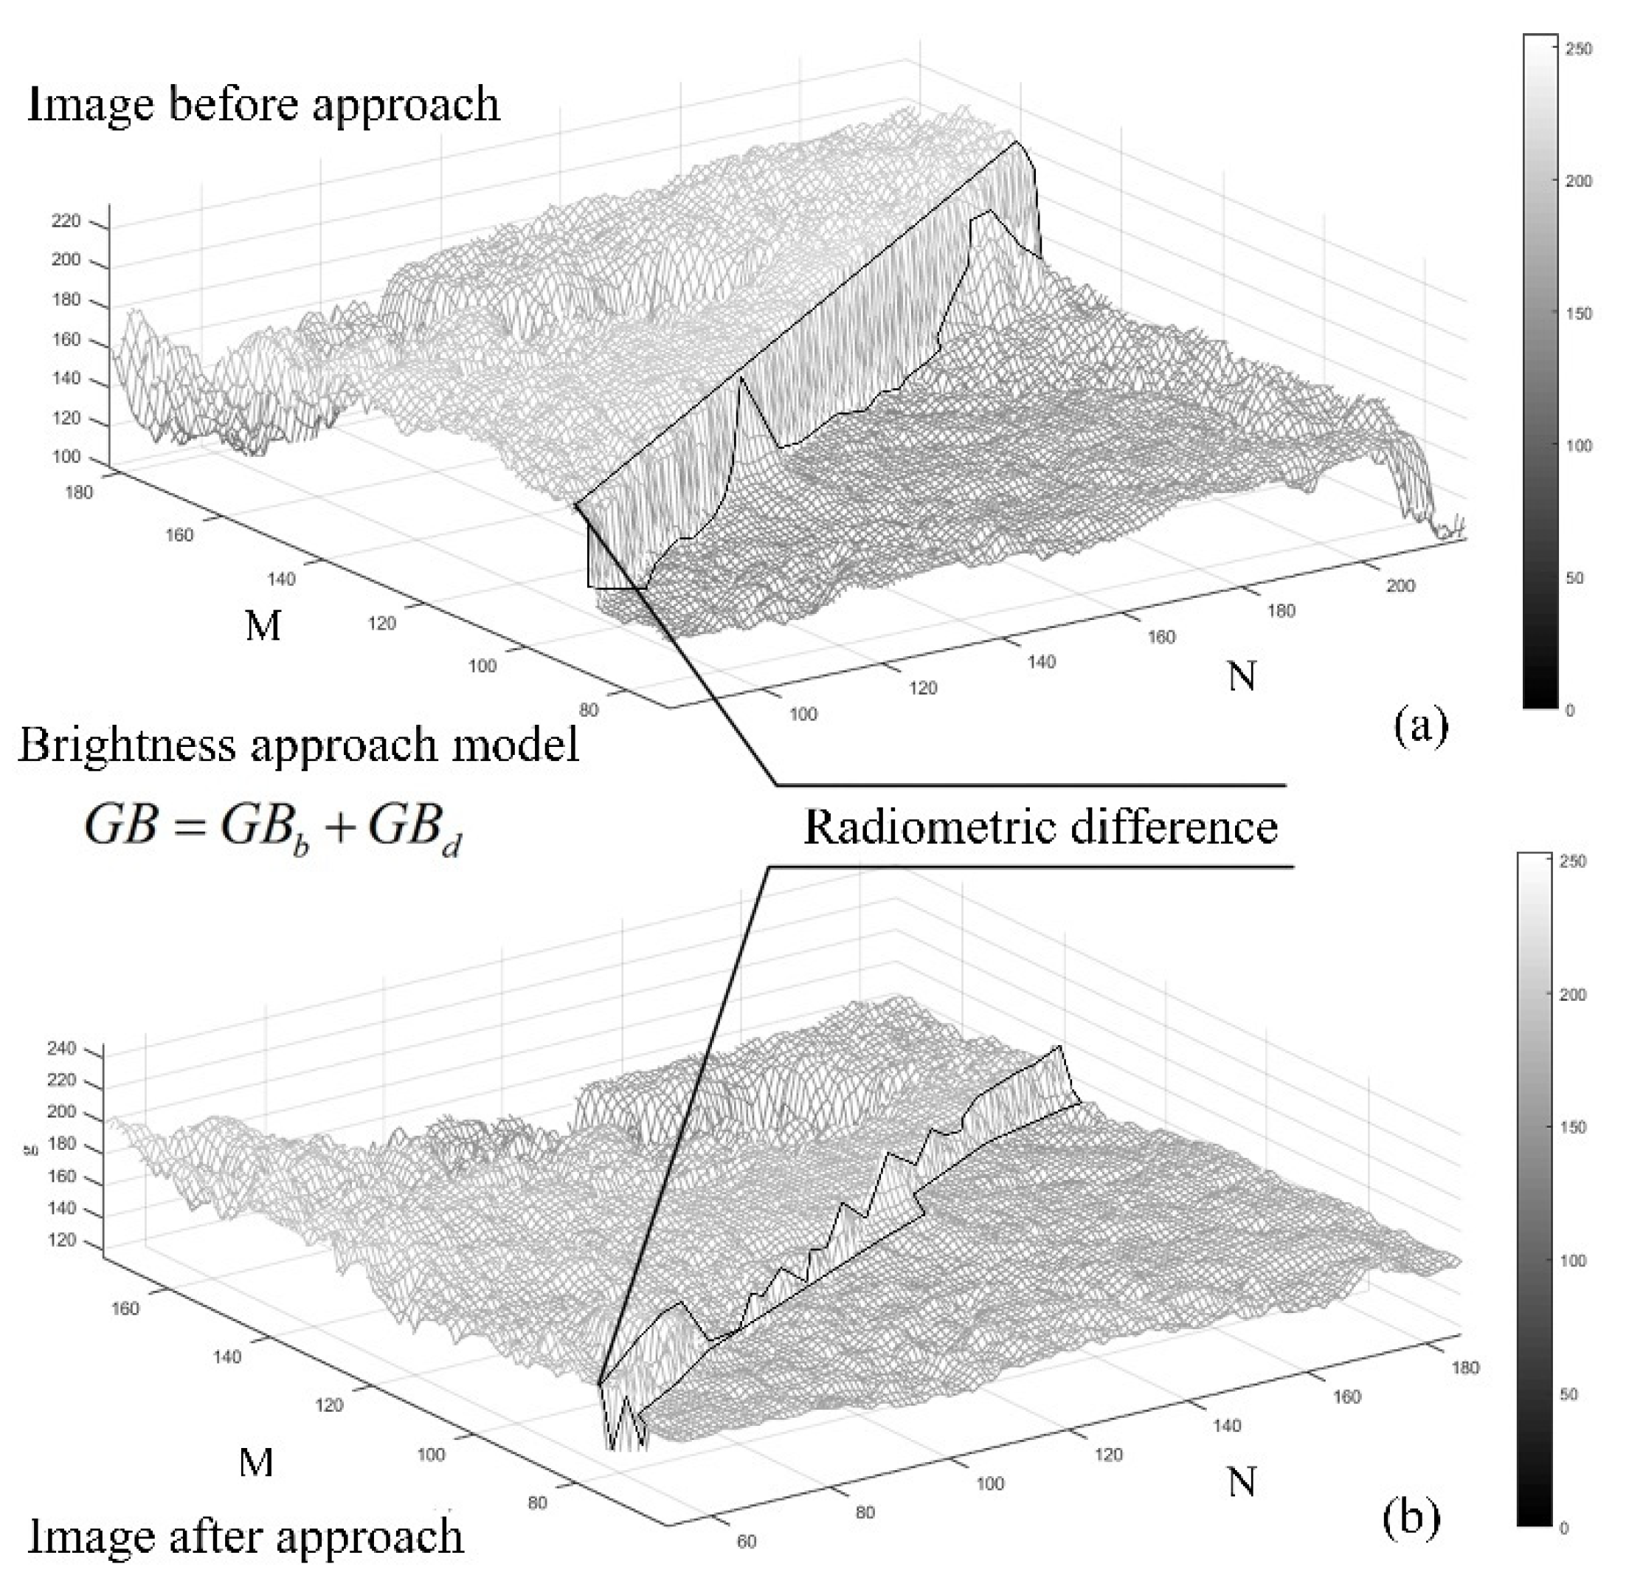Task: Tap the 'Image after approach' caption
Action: tap(246, 1537)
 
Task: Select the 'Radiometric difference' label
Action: tap(1040, 827)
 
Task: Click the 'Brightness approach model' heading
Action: tap(299, 745)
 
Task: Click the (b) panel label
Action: tap(1411, 1518)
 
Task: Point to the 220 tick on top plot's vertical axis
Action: tap(66, 221)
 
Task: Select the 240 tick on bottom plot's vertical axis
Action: tap(62, 1048)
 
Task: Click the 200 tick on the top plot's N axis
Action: tap(1400, 586)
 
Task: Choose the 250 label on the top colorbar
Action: tap(1578, 49)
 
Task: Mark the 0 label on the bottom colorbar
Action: tap(1563, 1528)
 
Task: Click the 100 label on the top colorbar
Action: tap(1578, 446)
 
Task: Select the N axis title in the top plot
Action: tap(1242, 676)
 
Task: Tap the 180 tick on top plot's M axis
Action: tap(78, 492)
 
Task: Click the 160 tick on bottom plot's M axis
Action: tap(125, 1309)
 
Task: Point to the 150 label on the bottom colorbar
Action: tap(1572, 1128)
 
